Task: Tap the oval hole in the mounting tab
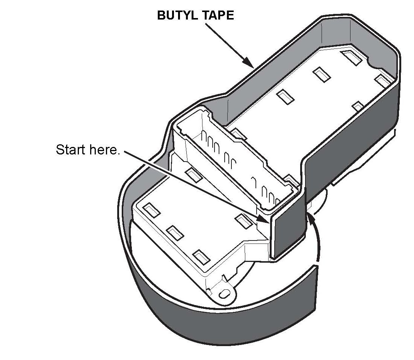224,293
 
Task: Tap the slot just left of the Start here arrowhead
242,221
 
